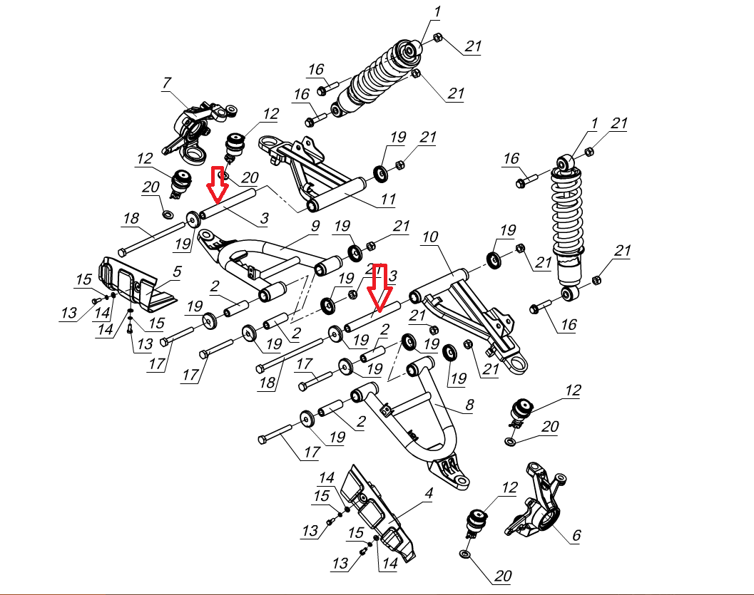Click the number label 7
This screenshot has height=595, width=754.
click(167, 83)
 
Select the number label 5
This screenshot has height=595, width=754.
click(177, 271)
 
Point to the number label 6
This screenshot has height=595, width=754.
click(576, 534)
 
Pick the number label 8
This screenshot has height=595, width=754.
click(469, 405)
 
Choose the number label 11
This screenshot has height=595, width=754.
click(387, 200)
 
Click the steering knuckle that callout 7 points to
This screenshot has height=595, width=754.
click(194, 128)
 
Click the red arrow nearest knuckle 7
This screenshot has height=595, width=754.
click(218, 182)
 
